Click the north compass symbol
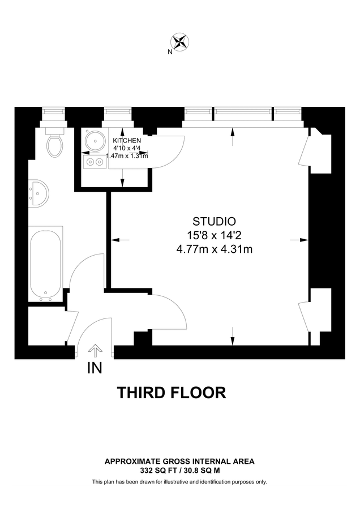pyautogui.click(x=180, y=41)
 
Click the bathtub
pyautogui.click(x=45, y=265)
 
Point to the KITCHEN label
pyautogui.click(x=127, y=140)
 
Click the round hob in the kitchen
pyautogui.click(x=93, y=141)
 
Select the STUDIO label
pyautogui.click(x=214, y=221)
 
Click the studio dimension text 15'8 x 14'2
pyautogui.click(x=214, y=235)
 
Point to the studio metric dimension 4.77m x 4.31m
pyautogui.click(x=214, y=249)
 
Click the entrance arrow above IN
pyautogui.click(x=95, y=351)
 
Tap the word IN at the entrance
pyautogui.click(x=95, y=368)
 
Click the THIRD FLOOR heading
pyautogui.click(x=171, y=392)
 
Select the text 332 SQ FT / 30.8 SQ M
pyautogui.click(x=179, y=470)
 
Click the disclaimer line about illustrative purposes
pyautogui.click(x=179, y=482)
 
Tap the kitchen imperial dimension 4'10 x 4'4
pyautogui.click(x=127, y=148)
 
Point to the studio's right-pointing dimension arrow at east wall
pyautogui.click(x=298, y=240)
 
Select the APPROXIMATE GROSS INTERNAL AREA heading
pyautogui.click(x=179, y=461)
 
